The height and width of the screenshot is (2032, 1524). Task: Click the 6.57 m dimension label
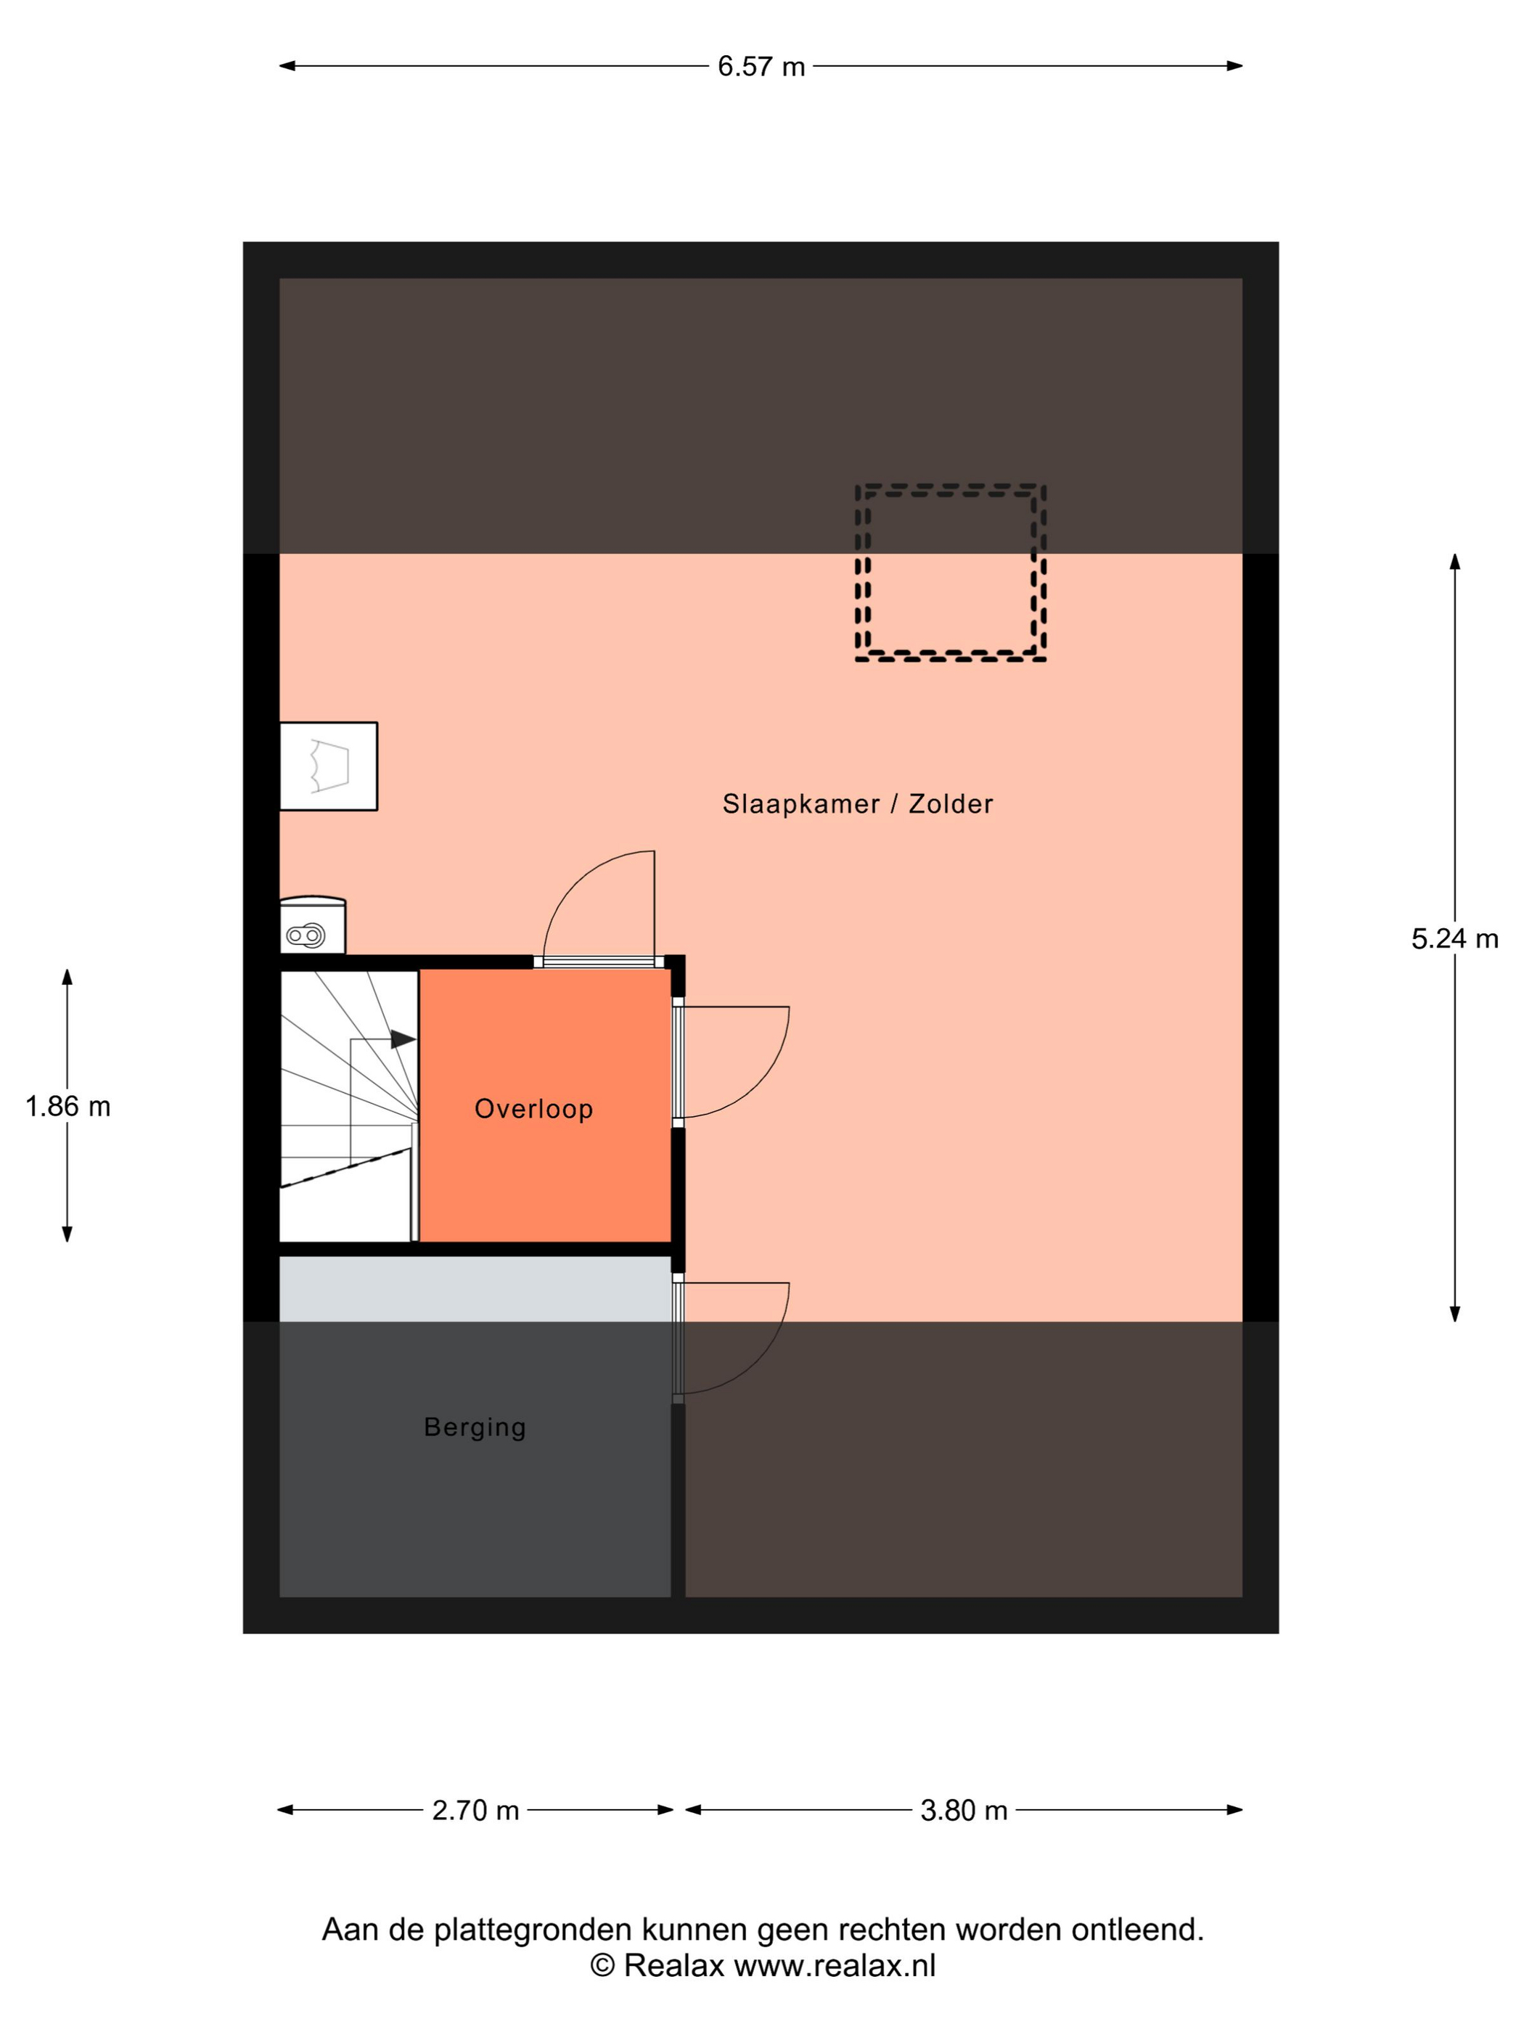click(x=761, y=66)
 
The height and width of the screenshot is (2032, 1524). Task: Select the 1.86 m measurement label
click(x=67, y=1106)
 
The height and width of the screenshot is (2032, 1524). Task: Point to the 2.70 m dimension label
click(x=475, y=1810)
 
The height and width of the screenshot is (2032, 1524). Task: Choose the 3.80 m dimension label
click(x=964, y=1810)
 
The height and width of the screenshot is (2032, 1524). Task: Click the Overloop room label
click(x=533, y=1109)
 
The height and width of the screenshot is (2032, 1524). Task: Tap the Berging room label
click(x=475, y=1427)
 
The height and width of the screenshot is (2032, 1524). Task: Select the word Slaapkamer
click(x=800, y=804)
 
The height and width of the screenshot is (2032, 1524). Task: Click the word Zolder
click(x=951, y=804)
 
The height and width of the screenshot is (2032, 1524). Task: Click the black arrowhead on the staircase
click(x=403, y=1039)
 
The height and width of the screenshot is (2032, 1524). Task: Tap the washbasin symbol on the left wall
click(x=329, y=766)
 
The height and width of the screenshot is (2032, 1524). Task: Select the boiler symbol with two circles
click(x=312, y=926)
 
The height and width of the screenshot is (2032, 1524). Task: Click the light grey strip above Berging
click(x=475, y=1289)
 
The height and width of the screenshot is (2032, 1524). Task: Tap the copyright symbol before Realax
click(x=602, y=1965)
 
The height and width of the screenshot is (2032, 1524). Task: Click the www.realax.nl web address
click(x=835, y=1966)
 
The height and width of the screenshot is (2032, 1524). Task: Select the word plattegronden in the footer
click(x=533, y=1930)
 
